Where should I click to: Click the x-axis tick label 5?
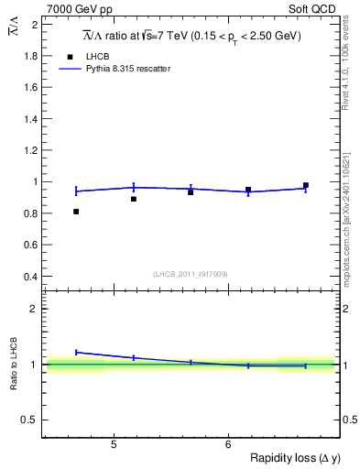coord(113,445)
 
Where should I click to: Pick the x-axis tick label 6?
coord(227,445)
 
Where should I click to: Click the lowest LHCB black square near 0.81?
coord(76,212)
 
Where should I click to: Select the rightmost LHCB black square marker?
coord(306,185)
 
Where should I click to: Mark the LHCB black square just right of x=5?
coord(134,199)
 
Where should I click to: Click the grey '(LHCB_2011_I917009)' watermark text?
coord(190,273)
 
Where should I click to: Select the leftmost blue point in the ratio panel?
coord(76,352)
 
